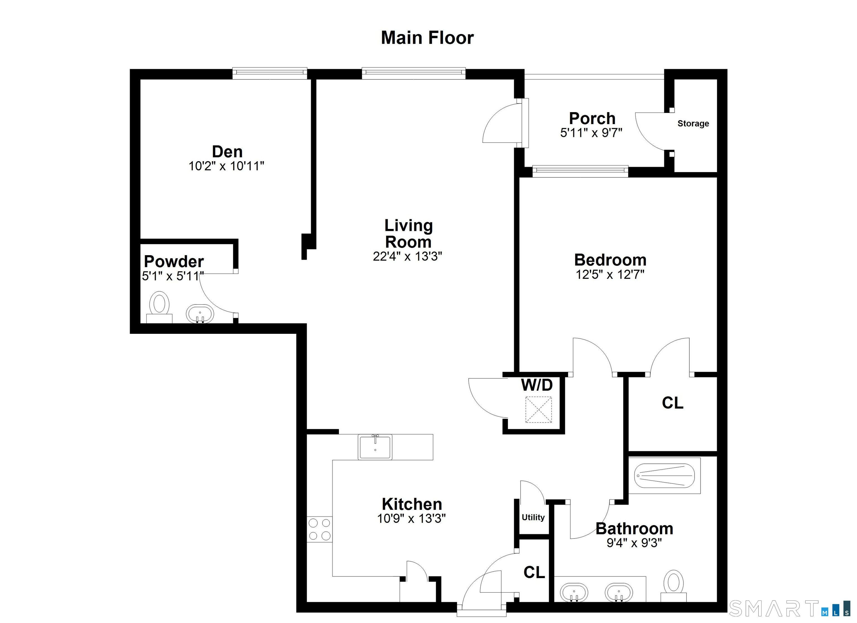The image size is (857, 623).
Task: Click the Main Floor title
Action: (427, 38)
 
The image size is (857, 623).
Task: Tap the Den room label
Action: (227, 152)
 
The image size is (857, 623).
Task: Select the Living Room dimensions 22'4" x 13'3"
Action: (407, 257)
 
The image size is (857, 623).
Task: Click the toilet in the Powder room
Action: (160, 307)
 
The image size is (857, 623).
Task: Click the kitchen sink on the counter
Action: (375, 447)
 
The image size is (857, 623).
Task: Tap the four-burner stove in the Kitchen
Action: (320, 529)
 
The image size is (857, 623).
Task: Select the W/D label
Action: (536, 385)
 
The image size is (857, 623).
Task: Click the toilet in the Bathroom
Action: (673, 586)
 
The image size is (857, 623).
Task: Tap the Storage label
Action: (693, 124)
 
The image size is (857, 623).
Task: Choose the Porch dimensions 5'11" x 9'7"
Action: (591, 133)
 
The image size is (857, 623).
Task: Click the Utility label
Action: (533, 517)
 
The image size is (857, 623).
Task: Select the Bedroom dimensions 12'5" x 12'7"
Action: (610, 275)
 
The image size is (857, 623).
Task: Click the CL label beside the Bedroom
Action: (673, 403)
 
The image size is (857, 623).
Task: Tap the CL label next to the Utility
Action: (534, 573)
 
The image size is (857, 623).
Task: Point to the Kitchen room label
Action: (412, 504)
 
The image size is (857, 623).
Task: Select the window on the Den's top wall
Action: (269, 73)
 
